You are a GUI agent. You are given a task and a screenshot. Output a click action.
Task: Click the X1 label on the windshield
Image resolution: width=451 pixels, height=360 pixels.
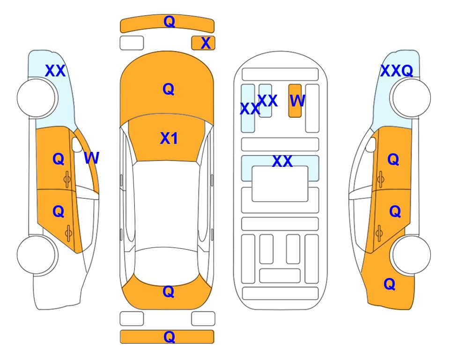point(169,138)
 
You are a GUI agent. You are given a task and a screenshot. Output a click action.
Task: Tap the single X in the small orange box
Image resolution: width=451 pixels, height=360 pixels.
point(206,43)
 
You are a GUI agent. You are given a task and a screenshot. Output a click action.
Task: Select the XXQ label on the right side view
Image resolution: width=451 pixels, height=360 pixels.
point(397,71)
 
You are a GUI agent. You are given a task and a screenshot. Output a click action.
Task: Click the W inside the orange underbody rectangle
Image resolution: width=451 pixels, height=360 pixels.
point(297,101)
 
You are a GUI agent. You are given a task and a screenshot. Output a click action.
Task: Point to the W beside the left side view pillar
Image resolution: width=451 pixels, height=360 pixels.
point(91,158)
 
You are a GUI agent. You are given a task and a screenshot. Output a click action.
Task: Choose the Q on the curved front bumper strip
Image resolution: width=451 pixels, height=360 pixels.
point(169,22)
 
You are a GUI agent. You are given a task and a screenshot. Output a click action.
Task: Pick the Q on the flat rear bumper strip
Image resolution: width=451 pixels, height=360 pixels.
point(169,337)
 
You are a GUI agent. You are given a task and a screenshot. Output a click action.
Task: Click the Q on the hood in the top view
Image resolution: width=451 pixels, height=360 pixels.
point(169,89)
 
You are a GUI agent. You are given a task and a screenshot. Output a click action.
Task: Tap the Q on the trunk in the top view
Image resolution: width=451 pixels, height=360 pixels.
point(169,292)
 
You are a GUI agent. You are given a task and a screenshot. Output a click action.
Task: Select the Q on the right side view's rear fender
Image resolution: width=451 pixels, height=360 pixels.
point(390,284)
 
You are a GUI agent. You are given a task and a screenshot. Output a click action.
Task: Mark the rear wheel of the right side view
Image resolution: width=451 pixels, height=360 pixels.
point(411,255)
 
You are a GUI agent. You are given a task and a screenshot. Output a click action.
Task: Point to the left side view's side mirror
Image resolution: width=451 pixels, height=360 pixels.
point(77,144)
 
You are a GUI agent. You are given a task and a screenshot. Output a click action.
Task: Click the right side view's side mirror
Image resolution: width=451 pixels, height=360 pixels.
point(371,144)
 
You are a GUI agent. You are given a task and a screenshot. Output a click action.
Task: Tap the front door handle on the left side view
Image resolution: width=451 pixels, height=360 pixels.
point(67,180)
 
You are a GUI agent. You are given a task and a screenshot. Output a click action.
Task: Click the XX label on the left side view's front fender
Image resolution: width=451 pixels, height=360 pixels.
point(56,71)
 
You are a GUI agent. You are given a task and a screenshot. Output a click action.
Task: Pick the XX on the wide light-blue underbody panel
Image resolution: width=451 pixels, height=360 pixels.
point(282,161)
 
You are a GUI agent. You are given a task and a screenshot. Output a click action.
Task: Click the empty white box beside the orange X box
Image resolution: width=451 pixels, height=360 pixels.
point(132,43)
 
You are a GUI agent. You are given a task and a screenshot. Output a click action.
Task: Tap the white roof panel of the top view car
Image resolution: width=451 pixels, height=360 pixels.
point(167,204)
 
